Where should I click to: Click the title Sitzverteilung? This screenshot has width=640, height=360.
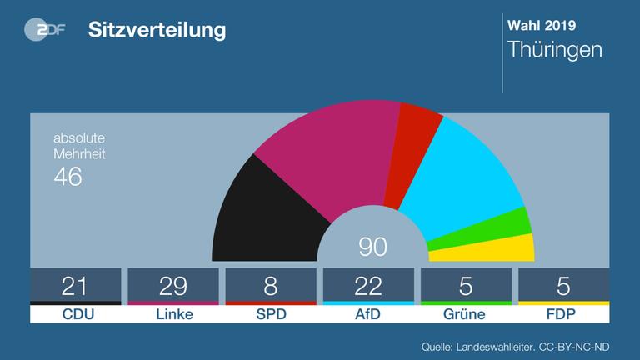(x=157, y=31)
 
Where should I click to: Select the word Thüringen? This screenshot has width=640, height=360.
(x=555, y=50)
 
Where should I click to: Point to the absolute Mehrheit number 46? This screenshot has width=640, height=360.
(x=67, y=177)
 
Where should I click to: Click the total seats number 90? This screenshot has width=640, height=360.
(x=372, y=247)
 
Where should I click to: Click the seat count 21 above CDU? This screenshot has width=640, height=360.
(x=75, y=286)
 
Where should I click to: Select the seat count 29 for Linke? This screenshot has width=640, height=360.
(x=173, y=286)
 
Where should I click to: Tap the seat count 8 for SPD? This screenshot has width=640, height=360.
(x=271, y=286)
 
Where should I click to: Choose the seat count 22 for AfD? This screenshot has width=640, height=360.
(x=368, y=286)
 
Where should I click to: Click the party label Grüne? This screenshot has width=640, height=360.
(x=466, y=314)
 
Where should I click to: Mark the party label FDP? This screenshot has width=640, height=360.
(x=563, y=314)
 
